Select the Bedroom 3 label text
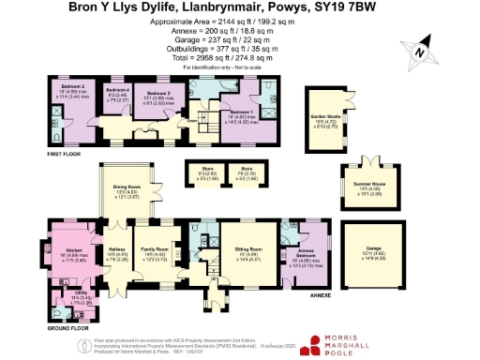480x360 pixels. click(157, 94)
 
